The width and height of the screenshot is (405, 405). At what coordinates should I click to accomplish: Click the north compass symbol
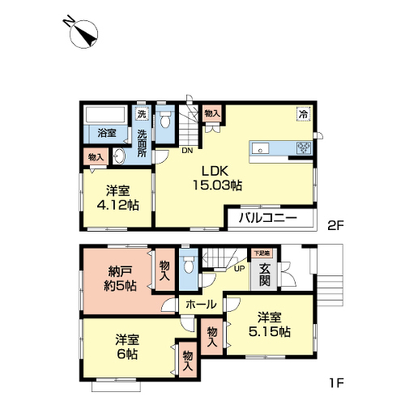(83, 34)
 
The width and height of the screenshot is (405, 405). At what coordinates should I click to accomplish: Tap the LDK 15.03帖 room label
(217, 178)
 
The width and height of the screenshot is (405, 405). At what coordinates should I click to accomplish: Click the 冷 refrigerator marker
(304, 114)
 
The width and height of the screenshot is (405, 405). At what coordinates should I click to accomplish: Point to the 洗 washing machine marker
(142, 113)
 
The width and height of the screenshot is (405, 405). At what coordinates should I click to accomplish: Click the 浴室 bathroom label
(107, 133)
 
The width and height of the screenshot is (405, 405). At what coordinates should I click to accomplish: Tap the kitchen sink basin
(260, 148)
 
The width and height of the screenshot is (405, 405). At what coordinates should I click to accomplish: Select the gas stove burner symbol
(304, 148)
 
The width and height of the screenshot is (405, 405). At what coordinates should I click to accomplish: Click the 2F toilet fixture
(165, 120)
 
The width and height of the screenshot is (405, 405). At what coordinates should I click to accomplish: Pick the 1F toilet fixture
(188, 264)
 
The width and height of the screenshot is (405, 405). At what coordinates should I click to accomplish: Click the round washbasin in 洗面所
(119, 156)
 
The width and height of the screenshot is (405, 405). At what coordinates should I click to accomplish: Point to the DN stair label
(187, 151)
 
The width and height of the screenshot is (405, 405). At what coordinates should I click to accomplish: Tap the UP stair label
(239, 269)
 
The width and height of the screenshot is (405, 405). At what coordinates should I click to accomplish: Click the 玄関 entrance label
(265, 275)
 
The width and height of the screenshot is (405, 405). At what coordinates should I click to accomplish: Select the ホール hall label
(201, 305)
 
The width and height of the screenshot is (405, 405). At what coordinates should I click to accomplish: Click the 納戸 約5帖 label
(121, 279)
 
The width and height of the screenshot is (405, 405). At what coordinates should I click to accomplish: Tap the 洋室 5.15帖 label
(270, 324)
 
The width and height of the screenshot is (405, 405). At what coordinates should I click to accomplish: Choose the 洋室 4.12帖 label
(118, 198)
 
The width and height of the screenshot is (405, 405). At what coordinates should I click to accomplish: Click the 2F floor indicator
(335, 225)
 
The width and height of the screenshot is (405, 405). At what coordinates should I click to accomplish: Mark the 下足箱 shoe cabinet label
(262, 254)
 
